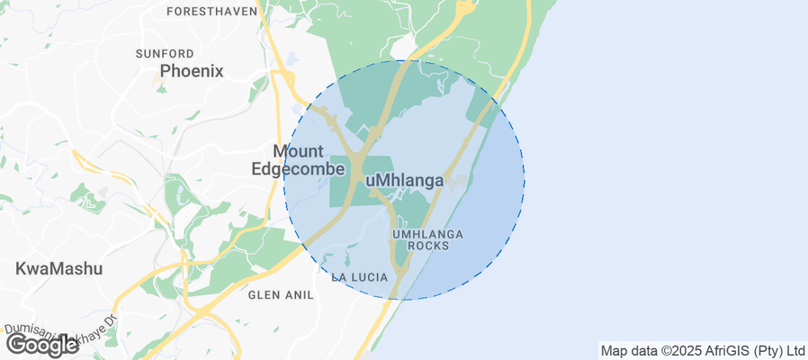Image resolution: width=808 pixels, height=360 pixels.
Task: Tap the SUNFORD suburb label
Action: pyautogui.click(x=165, y=54)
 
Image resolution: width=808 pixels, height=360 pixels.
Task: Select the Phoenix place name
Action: pyautogui.click(x=192, y=71)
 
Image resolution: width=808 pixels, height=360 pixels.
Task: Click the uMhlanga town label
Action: pyautogui.click(x=405, y=181)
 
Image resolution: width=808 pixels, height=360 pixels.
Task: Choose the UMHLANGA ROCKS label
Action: pyautogui.click(x=427, y=239)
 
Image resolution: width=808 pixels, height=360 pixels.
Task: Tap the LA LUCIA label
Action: pyautogui.click(x=359, y=276)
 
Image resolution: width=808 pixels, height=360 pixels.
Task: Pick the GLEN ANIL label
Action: pyautogui.click(x=280, y=294)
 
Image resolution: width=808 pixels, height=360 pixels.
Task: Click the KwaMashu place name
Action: pyautogui.click(x=59, y=268)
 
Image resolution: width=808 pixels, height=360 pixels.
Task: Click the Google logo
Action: pyautogui.click(x=42, y=344)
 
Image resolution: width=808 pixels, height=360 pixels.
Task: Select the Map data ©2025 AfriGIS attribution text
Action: pyautogui.click(x=703, y=350)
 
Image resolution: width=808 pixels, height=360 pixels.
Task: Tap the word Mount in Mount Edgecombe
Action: pyautogui.click(x=298, y=150)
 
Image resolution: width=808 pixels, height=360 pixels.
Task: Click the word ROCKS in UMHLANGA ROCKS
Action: pyautogui.click(x=427, y=245)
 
